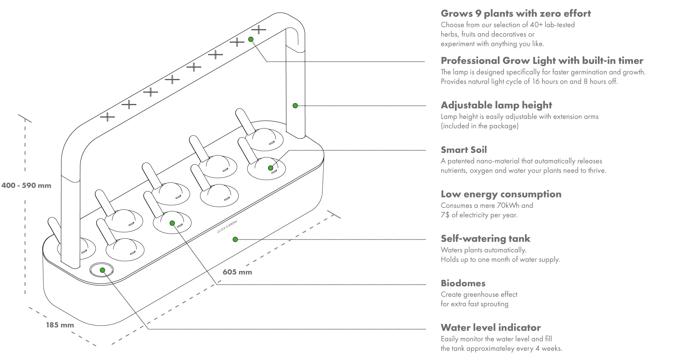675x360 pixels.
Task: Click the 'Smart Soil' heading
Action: pos(464,150)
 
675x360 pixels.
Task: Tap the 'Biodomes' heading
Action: pos(463,283)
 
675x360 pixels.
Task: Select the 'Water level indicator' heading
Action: pos(491,328)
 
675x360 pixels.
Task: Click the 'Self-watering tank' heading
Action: pos(486,239)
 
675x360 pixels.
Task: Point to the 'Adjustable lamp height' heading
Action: pos(496,105)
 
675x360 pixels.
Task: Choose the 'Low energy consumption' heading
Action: pos(501,194)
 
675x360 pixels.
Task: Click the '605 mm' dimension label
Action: pos(237,272)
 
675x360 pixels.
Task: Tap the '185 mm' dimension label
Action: pos(60,325)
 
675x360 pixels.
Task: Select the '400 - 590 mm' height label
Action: pos(26,186)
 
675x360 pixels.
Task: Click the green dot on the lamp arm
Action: pos(295,106)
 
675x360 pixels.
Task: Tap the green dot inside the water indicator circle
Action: pos(103,270)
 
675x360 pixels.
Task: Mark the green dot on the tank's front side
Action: pos(235,240)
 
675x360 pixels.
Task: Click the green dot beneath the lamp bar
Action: pos(251,39)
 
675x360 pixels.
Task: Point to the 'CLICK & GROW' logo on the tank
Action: pos(227,227)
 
